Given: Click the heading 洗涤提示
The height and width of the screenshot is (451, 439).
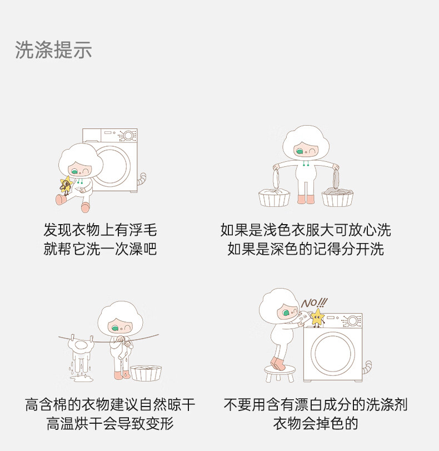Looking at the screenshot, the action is tap(53, 49).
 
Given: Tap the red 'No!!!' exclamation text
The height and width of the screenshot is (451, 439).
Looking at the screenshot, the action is tap(314, 303).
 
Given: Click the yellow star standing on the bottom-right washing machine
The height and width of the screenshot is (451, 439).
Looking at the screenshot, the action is tap(317, 318).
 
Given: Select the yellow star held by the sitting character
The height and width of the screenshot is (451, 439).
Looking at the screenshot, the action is tap(66, 185).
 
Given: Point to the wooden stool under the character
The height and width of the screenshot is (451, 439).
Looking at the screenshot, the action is tap(280, 373).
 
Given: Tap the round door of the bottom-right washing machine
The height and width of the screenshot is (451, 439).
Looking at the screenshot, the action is tap(333, 353).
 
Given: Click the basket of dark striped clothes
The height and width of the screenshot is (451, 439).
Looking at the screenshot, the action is tap(337, 196).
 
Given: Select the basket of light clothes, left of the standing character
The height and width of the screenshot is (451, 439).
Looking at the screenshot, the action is tap(275, 197).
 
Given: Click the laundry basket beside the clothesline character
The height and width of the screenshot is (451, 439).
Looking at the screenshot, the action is tap(146, 373).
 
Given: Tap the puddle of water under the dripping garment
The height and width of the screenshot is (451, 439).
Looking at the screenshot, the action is tap(81, 378).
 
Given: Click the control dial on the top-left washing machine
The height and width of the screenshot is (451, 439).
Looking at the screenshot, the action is tap(128, 136).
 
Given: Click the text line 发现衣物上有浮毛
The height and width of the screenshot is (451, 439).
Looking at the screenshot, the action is tap(101, 230).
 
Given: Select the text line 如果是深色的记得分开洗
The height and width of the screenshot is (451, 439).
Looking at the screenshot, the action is tap(306, 249).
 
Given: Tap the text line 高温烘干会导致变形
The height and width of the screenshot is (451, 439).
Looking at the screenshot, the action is tap(111, 423).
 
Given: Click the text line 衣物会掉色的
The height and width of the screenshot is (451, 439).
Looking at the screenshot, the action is tap(316, 423).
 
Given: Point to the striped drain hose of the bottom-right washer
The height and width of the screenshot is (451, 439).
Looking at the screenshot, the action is tap(367, 367).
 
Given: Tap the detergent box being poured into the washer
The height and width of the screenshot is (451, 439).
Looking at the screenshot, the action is tap(304, 317).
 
